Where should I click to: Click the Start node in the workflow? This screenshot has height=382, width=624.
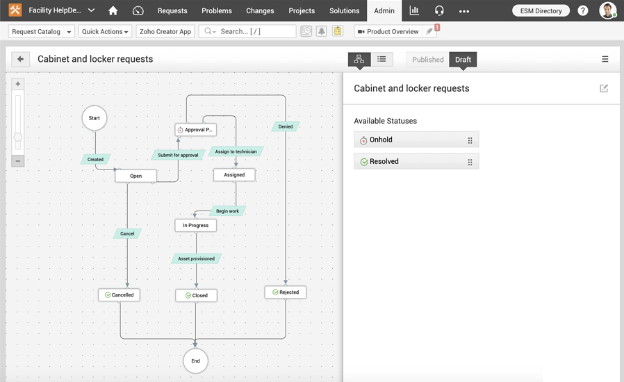click(x=95, y=118)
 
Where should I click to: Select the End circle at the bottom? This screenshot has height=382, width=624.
click(x=195, y=360)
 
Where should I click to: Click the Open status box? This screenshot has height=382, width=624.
click(x=136, y=176)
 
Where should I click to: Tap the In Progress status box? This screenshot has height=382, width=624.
click(x=196, y=225)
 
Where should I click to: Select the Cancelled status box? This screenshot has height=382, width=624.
click(x=119, y=295)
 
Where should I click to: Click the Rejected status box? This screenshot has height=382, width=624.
click(x=285, y=292)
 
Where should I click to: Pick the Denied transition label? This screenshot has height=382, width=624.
click(x=286, y=126)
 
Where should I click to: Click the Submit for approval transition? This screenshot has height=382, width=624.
click(x=178, y=155)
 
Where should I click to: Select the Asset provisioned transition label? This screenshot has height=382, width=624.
click(x=196, y=258)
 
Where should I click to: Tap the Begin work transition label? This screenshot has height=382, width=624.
click(x=227, y=211)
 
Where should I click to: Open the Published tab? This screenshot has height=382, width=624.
click(x=427, y=60)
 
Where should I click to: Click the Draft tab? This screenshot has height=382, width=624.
click(x=463, y=60)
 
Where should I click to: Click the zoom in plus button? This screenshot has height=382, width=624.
click(x=18, y=84)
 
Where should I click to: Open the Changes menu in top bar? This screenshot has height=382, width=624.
click(x=260, y=10)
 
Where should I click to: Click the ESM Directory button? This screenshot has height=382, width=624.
click(x=541, y=10)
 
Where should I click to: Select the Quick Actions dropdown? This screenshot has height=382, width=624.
click(x=105, y=31)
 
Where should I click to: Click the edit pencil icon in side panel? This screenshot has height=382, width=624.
click(x=604, y=88)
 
